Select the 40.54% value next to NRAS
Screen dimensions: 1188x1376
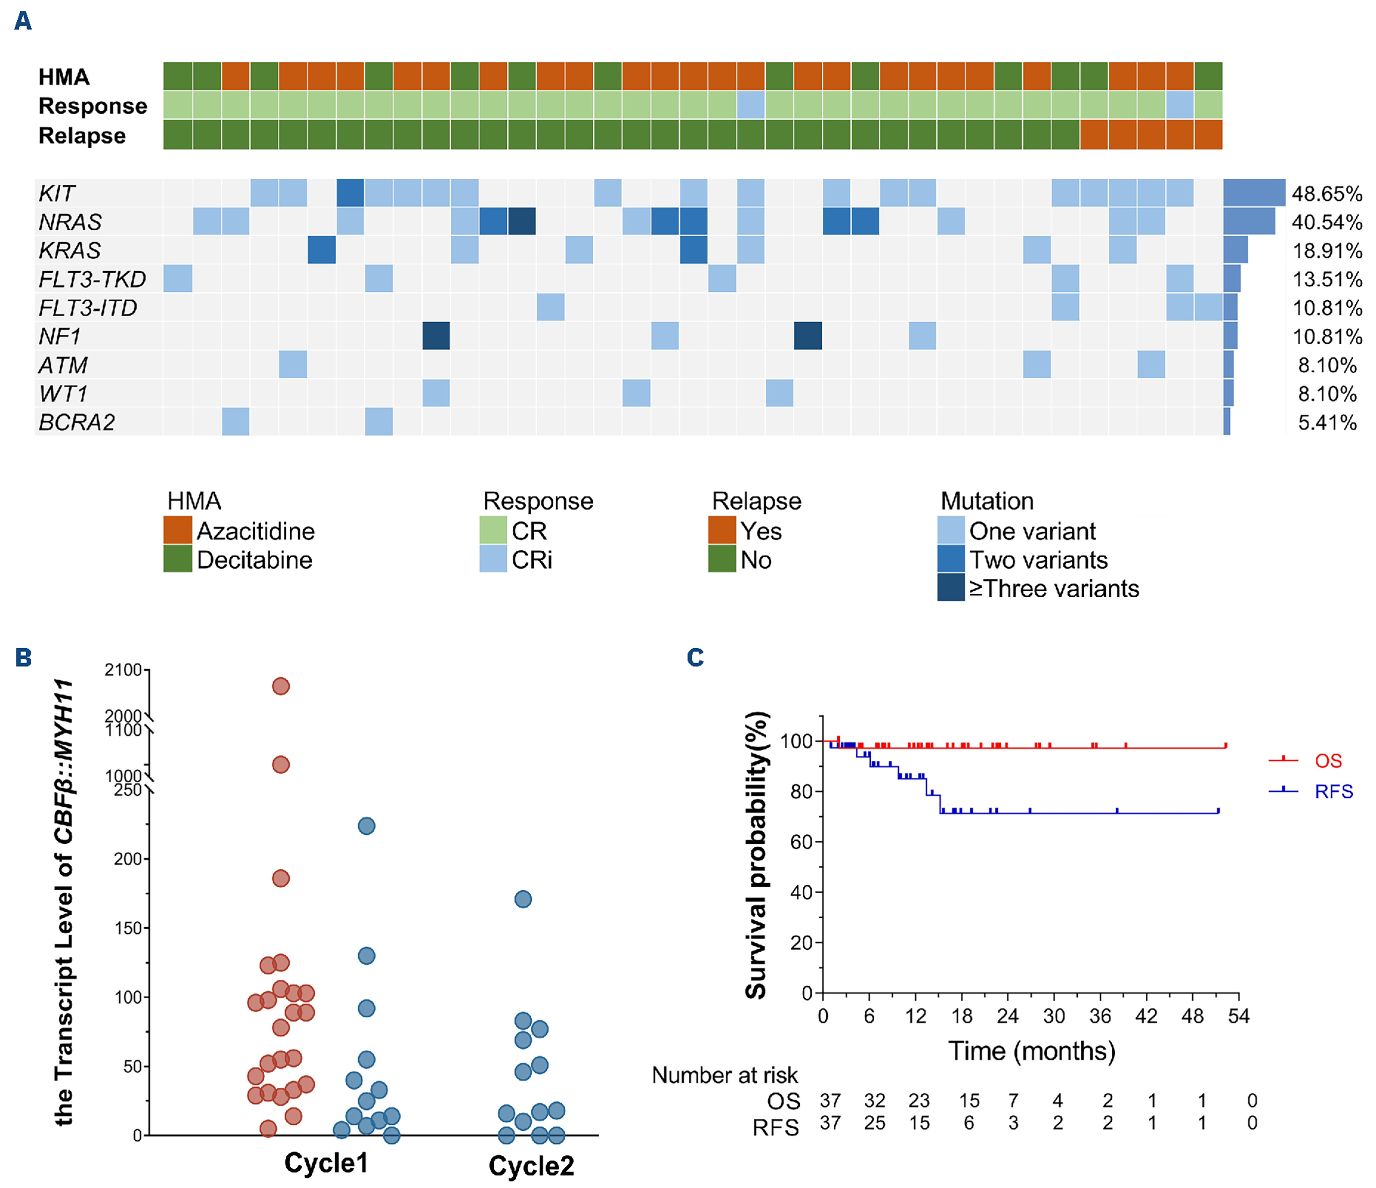point(1326,222)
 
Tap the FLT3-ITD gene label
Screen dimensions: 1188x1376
point(88,308)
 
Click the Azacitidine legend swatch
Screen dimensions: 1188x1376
point(177,530)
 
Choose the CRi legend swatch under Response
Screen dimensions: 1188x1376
point(493,560)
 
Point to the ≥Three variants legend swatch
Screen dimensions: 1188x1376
point(950,588)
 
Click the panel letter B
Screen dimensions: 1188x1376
point(24,658)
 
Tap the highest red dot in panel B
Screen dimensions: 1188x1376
point(281,686)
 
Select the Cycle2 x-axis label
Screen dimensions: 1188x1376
point(531,1166)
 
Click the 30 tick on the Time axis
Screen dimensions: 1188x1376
point(1054,1017)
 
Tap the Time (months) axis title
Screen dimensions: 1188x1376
point(1031,1051)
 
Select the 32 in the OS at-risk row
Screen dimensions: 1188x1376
point(874,1101)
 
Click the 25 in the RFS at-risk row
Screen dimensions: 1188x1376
point(874,1124)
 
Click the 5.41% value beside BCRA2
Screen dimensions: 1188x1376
point(1327,422)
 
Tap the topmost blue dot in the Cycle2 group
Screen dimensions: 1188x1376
point(523,900)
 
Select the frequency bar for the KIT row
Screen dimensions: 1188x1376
point(1254,193)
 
